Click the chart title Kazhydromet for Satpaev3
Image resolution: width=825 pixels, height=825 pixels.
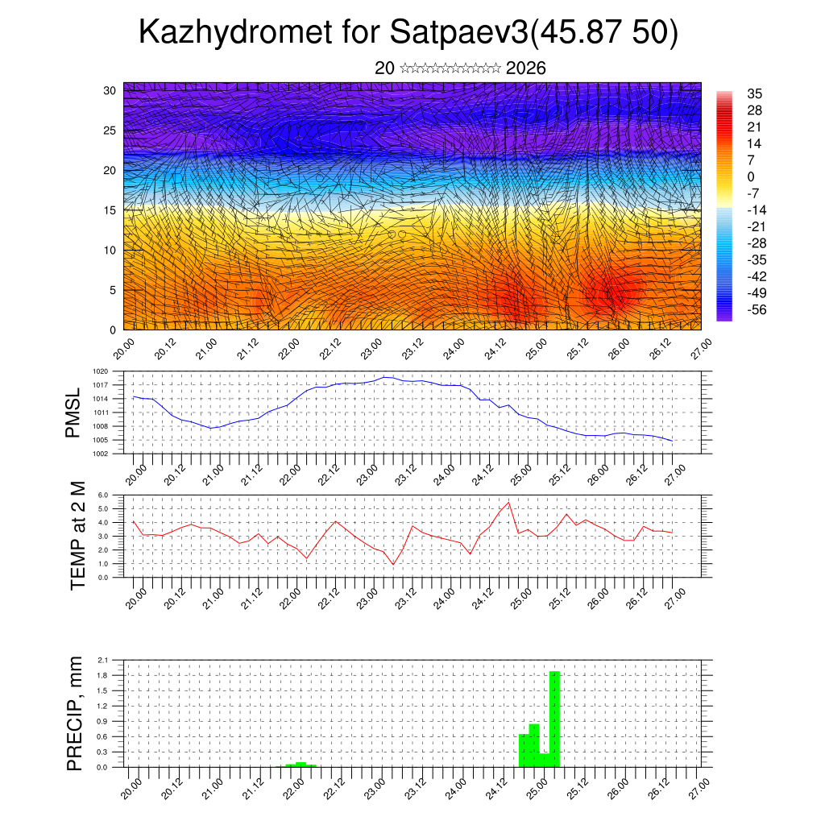coord(409,33)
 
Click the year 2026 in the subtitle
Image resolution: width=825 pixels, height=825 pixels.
coord(525,68)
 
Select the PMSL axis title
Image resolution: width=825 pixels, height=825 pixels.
coord(74,412)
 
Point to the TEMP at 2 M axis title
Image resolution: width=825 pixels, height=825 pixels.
coord(77,536)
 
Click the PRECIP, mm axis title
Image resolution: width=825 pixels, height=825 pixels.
coord(75,713)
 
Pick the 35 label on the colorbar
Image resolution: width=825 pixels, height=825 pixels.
coord(755,93)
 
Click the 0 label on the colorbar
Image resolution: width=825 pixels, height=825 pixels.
coord(751,176)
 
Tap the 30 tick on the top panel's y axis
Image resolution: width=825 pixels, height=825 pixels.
coord(110,90)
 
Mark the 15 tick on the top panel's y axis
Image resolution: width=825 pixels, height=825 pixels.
coord(110,210)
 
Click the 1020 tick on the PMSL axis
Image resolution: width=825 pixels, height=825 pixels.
coord(100,371)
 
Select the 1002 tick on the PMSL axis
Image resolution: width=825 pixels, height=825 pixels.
coord(100,454)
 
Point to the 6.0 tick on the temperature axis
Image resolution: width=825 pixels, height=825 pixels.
coord(103,495)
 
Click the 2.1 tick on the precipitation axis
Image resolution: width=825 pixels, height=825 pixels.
coord(103,660)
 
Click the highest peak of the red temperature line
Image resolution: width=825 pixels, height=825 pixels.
coord(508,503)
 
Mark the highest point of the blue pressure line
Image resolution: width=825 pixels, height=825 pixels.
coord(385,377)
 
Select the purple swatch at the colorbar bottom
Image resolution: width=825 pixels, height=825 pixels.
coord(724,317)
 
